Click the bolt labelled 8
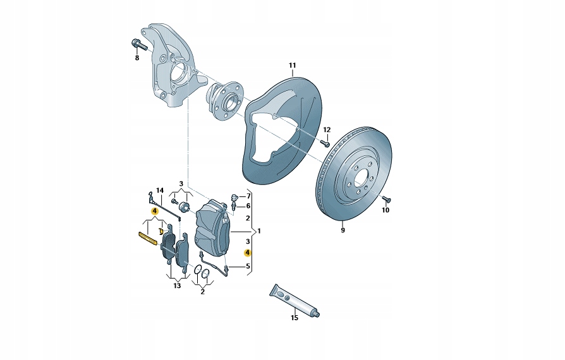(138, 45)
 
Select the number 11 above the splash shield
(292, 66)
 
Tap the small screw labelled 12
(327, 143)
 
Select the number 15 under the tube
(294, 318)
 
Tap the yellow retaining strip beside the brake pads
(147, 238)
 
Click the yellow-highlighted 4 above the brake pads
(154, 210)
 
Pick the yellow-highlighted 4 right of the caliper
(248, 251)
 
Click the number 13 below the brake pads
(176, 286)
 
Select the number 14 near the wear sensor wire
(160, 191)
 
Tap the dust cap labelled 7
(234, 196)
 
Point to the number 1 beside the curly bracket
(258, 230)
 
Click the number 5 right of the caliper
(248, 267)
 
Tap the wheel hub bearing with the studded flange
(225, 101)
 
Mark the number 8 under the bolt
(136, 58)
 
